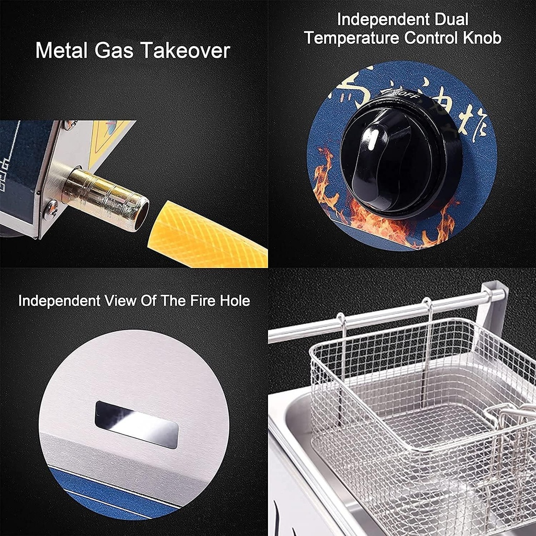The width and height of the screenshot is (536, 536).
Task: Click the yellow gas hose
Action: pyautogui.click(x=209, y=236)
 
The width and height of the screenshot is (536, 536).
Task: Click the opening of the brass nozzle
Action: pyautogui.click(x=140, y=214)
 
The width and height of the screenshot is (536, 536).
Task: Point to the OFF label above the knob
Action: pyautogui.click(x=407, y=94)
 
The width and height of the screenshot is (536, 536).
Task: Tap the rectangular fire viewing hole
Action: pyautogui.click(x=137, y=424)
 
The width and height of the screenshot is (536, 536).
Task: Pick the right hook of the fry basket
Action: pyautogui.click(x=428, y=319)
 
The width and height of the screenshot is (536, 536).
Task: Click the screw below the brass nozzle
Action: pyautogui.click(x=50, y=208)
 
